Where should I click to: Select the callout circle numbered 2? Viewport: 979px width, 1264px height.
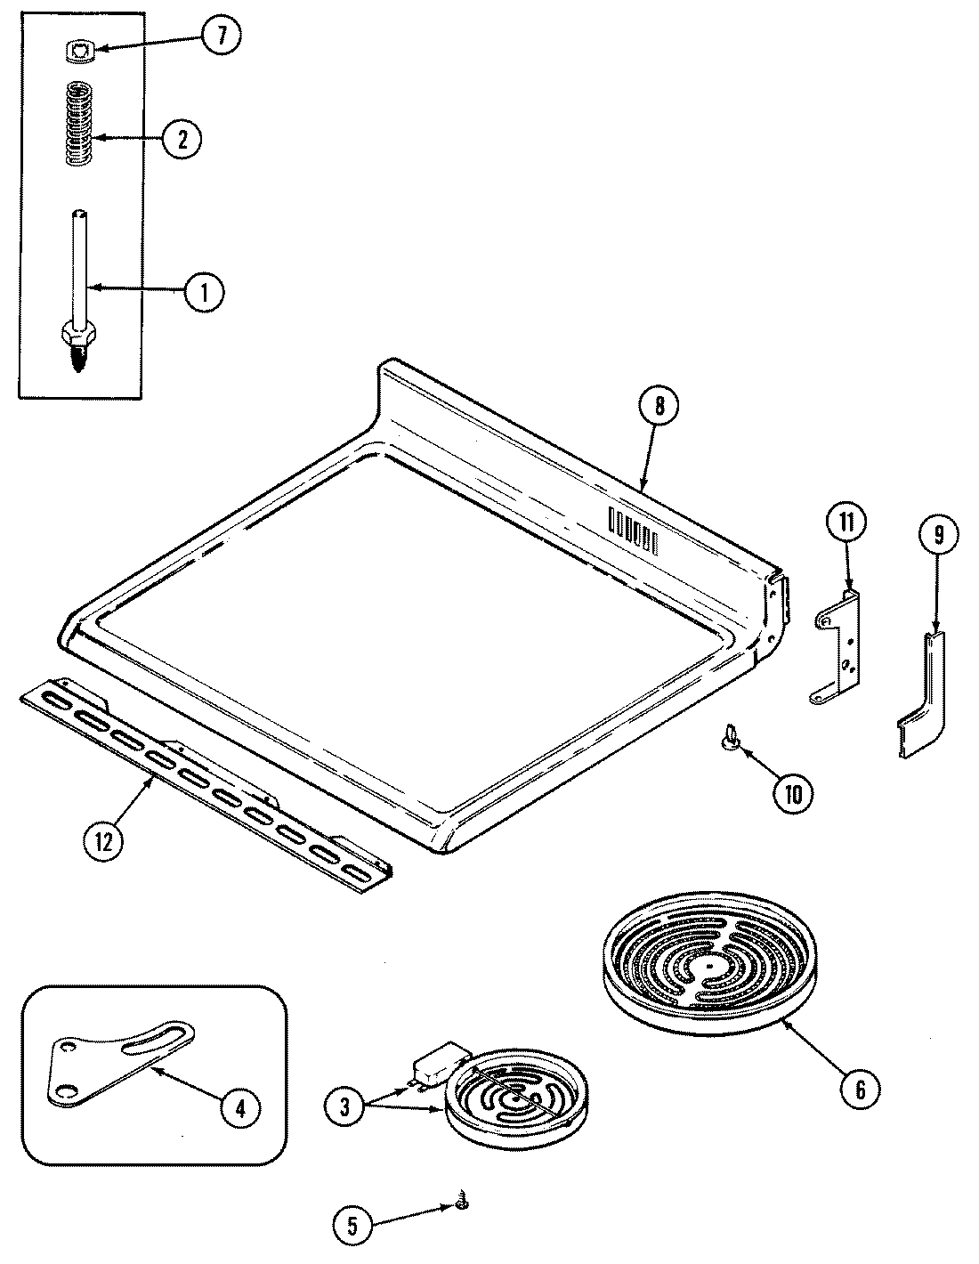(x=182, y=139)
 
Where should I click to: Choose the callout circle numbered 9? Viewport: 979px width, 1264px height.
(x=940, y=537)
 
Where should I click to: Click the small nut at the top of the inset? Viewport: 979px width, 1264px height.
(x=81, y=53)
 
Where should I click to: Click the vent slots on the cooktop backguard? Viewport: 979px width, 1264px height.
(x=633, y=530)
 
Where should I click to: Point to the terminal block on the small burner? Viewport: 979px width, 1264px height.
(x=433, y=1065)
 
